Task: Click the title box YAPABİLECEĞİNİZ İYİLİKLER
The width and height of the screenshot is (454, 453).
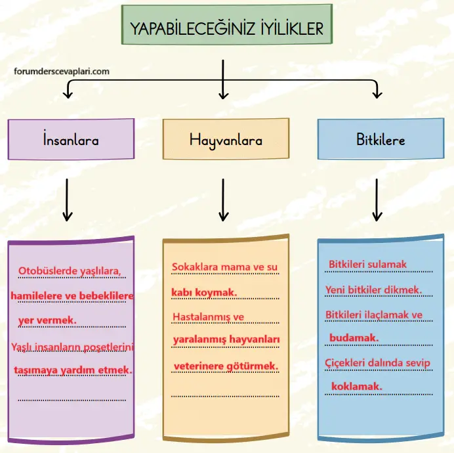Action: point(226,28)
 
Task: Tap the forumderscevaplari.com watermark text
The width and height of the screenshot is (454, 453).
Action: point(61,72)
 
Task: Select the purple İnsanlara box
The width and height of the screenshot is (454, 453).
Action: point(71,139)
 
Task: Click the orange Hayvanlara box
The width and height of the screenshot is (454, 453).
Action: point(225,139)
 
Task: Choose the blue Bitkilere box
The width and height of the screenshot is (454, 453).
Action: point(380,139)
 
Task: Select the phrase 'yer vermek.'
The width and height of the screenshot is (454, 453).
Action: point(47,320)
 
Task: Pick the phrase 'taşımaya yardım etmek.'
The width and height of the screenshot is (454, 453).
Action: point(73,370)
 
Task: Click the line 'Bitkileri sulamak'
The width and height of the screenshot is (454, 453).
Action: point(367,265)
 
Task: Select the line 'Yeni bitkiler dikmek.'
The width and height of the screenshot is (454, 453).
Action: point(373,290)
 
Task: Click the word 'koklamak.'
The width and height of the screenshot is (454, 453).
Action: point(356,386)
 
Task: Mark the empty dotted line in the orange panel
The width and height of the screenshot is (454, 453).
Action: point(225,395)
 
